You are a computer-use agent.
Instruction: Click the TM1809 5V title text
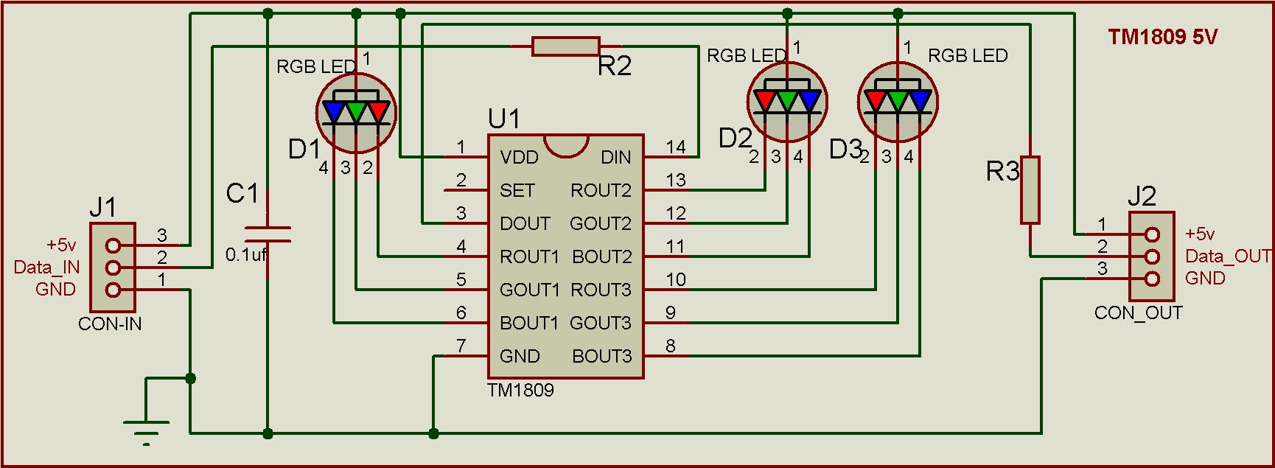(x=1162, y=37)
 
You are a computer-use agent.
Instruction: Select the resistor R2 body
(x=565, y=46)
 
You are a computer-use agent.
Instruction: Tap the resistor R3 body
(x=1030, y=189)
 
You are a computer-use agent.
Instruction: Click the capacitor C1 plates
(x=267, y=234)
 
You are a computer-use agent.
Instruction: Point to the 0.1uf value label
(x=246, y=255)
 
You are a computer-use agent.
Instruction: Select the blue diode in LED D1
(x=334, y=111)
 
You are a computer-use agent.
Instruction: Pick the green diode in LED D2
(x=787, y=100)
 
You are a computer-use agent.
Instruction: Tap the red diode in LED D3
(x=876, y=100)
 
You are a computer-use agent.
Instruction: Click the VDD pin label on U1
(x=519, y=157)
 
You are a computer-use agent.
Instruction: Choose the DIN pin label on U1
(x=615, y=157)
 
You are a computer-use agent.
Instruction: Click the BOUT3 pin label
(x=601, y=356)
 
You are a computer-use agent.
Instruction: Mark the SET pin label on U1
(x=517, y=190)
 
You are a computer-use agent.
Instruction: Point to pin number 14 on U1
(x=675, y=147)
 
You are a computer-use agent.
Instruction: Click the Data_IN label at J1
(x=46, y=267)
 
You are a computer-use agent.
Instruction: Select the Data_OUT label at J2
(x=1228, y=256)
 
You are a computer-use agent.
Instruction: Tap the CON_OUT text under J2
(x=1138, y=313)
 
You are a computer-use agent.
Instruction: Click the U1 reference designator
(x=504, y=119)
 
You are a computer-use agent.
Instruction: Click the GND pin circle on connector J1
(x=113, y=290)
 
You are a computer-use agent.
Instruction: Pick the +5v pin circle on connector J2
(x=1153, y=234)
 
